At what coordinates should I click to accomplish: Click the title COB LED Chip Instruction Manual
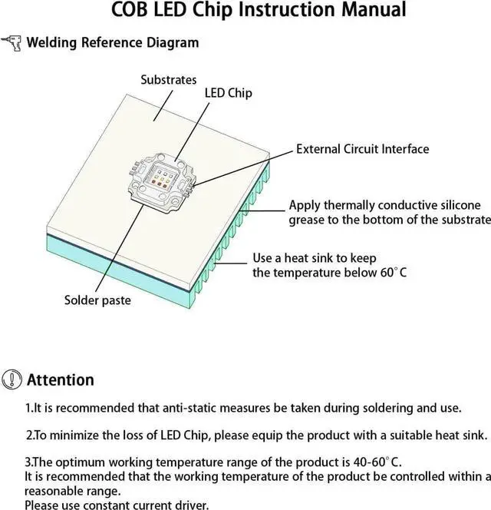(245, 11)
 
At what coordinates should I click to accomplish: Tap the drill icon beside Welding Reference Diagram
(12, 42)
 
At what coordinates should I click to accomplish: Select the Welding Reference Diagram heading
(112, 42)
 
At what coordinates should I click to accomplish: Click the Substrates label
(169, 80)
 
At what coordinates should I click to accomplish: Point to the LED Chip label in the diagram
(228, 93)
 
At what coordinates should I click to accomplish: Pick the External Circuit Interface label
(362, 149)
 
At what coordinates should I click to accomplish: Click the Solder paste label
(97, 300)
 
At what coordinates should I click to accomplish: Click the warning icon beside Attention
(12, 379)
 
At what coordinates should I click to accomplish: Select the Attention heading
(61, 379)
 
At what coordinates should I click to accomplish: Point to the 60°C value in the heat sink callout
(392, 273)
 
